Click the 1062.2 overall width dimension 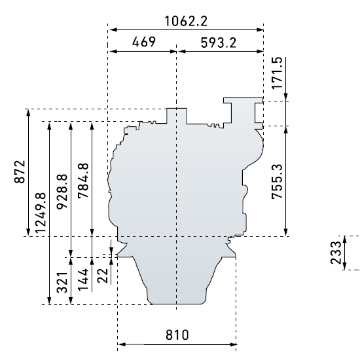[186, 21]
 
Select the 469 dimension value [144, 42]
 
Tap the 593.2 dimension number [219, 43]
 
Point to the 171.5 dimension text [277, 73]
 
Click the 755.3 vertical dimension [277, 181]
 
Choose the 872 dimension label [20, 171]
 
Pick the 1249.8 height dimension [41, 213]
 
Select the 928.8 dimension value [62, 192]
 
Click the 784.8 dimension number [83, 181]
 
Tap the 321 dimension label [62, 283]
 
